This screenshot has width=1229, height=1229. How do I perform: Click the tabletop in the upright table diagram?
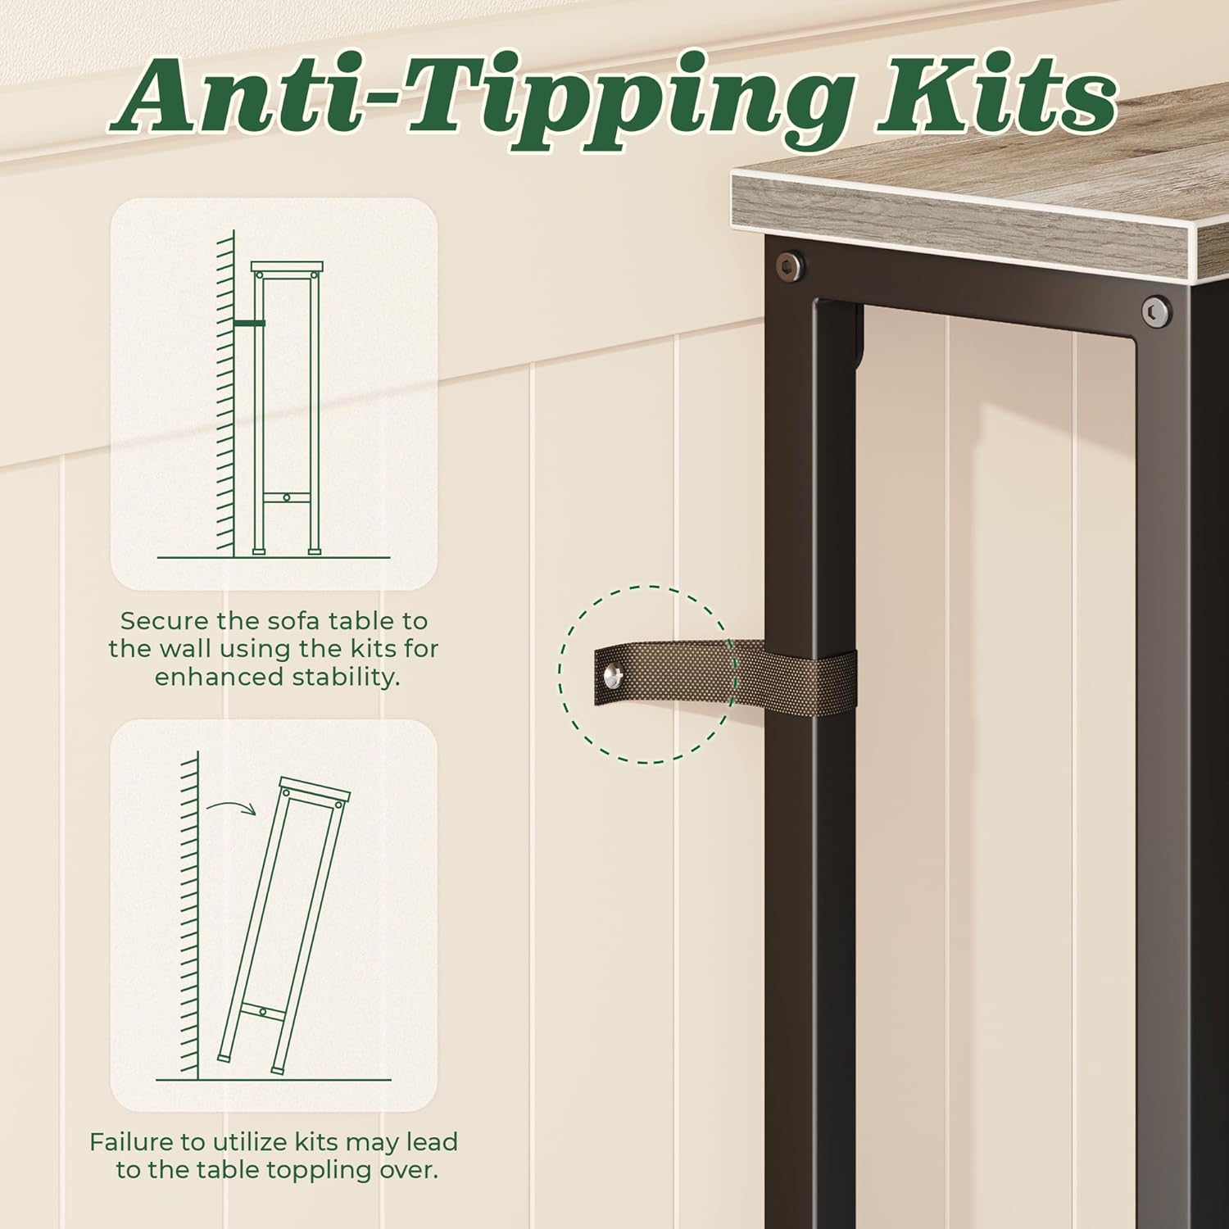287,267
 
